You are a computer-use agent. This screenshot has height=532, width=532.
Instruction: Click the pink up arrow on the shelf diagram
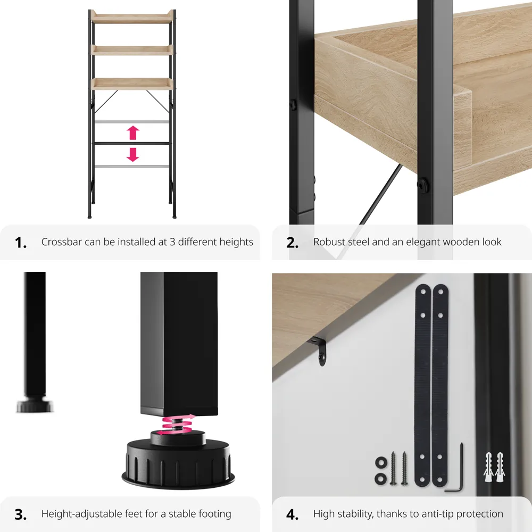pos(133,133)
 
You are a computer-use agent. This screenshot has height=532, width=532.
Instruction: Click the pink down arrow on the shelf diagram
pos(133,154)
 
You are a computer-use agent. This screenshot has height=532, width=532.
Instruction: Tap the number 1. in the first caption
pos(21,243)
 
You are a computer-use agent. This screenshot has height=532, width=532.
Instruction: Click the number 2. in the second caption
pos(292,243)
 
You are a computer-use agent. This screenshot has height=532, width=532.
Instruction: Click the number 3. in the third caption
pos(21,514)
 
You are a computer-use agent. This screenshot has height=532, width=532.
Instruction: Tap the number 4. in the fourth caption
pos(292,514)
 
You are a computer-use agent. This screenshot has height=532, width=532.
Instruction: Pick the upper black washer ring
pos(381,462)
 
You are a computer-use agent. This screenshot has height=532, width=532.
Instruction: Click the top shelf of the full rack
pos(132,17)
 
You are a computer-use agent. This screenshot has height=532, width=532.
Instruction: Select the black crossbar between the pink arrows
pos(132,144)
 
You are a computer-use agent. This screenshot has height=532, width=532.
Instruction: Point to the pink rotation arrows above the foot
pos(179,424)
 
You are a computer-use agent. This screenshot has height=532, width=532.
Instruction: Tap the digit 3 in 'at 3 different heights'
pos(172,242)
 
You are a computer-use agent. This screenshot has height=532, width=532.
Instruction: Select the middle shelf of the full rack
pos(132,50)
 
